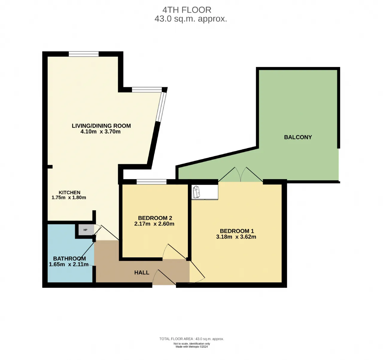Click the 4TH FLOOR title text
tap(187, 10)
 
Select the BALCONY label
tap(298, 137)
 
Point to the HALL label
tap(142, 272)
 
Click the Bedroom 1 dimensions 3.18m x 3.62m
tap(236, 237)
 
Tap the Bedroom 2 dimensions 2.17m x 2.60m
tap(154, 224)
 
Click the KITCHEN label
tap(69, 193)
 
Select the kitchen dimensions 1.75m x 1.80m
tap(69, 198)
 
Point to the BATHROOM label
tap(69, 259)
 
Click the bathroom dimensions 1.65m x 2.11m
tap(69, 264)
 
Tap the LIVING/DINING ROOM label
tap(101, 126)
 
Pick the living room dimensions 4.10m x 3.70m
tap(101, 132)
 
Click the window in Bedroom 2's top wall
tap(152, 182)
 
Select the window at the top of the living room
tap(84, 54)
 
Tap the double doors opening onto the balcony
tap(241, 174)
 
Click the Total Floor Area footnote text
tap(192, 339)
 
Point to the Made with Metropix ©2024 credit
tap(192, 347)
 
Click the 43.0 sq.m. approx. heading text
tap(191, 19)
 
